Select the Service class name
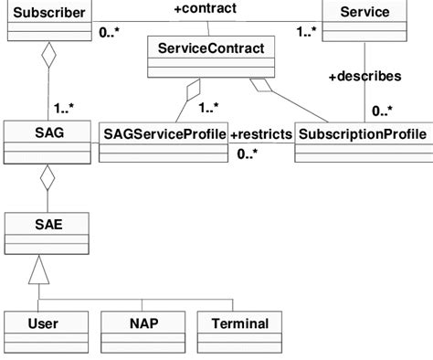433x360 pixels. click(363, 13)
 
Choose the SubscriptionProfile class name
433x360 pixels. click(363, 134)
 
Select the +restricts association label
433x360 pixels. click(261, 134)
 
